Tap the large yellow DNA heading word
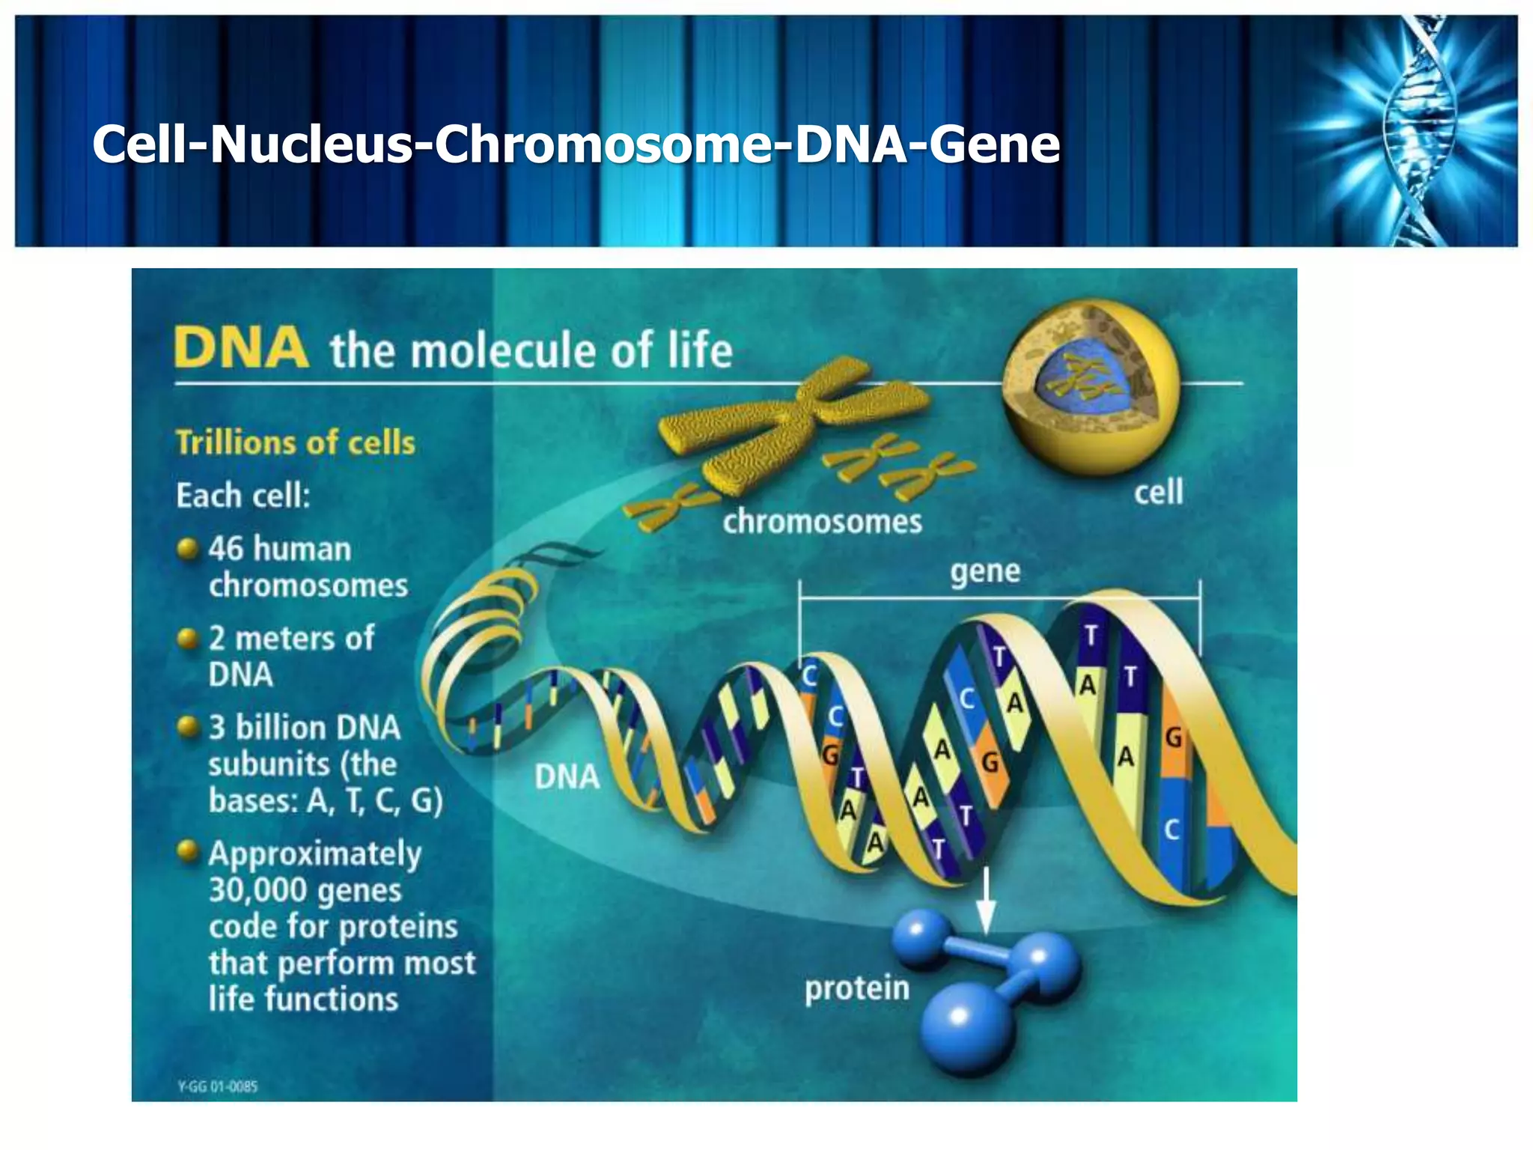(240, 348)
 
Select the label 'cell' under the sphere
(1158, 493)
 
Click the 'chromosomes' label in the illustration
(822, 522)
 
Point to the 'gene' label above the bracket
(985, 571)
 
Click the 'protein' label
(856, 988)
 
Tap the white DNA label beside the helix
(567, 777)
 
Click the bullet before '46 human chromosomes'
(187, 548)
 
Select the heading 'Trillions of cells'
(295, 442)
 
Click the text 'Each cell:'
(243, 496)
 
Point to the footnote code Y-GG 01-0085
(217, 1086)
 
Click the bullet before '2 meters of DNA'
(187, 639)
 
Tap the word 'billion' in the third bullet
(281, 728)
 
